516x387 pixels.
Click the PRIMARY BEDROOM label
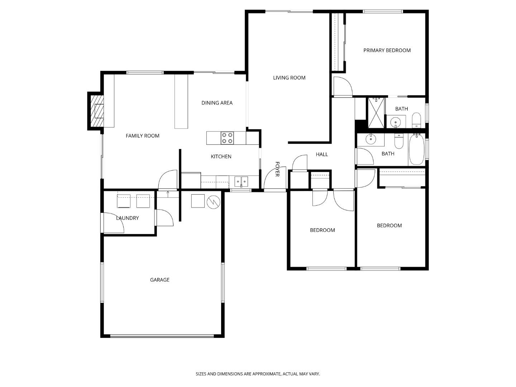[387, 51]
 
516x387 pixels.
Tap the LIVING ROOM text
[289, 78]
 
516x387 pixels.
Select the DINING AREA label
[217, 103]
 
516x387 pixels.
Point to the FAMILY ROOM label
[142, 136]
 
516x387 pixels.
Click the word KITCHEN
[221, 157]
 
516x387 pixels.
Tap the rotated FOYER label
[277, 169]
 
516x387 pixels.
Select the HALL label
[322, 154]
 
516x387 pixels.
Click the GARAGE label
[159, 280]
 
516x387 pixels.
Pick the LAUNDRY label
[127, 218]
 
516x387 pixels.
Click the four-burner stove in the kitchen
[227, 138]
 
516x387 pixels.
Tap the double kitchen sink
[241, 181]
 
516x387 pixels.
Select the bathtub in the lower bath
[416, 149]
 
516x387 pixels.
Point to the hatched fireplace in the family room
[96, 111]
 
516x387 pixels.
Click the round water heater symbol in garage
[213, 202]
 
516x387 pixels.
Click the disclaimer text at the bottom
[258, 374]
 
